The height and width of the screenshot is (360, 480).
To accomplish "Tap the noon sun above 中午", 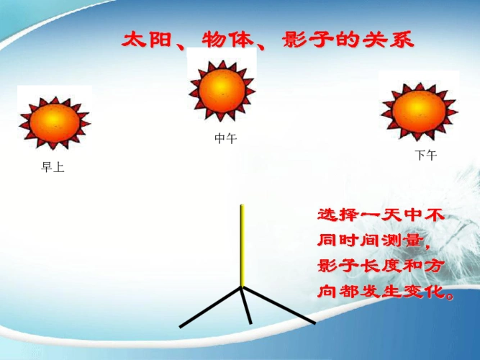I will (222, 90).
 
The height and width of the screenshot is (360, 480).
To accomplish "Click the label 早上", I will (53, 168).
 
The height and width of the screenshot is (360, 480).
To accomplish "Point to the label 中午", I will (225, 139).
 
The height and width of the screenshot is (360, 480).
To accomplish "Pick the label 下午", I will (425, 156).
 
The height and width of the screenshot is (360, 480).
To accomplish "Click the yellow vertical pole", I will (243, 245).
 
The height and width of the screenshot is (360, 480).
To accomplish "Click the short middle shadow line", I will (246, 305).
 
